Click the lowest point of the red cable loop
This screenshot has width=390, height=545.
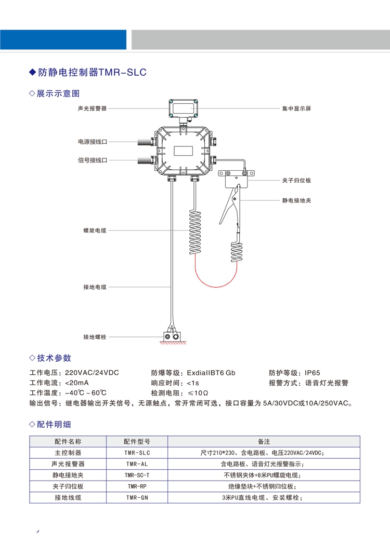(x=216, y=287)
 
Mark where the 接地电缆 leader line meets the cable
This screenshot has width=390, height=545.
(x=171, y=287)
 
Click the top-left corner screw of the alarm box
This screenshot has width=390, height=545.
(x=171, y=102)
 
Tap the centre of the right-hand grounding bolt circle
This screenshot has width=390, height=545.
(x=176, y=337)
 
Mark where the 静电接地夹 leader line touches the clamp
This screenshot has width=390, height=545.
(x=240, y=200)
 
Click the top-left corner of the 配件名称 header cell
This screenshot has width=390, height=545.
(x=30, y=436)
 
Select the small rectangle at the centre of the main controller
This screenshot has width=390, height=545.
(x=184, y=151)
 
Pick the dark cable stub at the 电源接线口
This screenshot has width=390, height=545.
(x=145, y=142)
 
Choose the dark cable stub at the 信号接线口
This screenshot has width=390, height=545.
(x=145, y=160)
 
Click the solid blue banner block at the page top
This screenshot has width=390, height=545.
(x=63, y=39)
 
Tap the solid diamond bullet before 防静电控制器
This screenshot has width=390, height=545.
(x=32, y=72)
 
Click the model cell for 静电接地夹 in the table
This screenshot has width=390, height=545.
(x=137, y=475)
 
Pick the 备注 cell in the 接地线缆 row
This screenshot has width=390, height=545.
(x=264, y=498)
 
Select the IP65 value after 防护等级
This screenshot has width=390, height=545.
(x=313, y=373)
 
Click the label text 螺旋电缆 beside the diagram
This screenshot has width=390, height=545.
(x=95, y=230)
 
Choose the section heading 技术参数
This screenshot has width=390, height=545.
(x=54, y=358)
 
